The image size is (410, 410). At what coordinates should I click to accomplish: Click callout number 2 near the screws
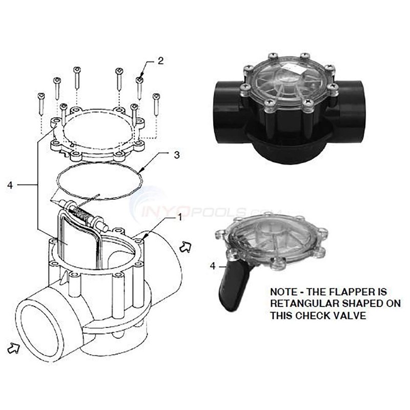click(160, 60)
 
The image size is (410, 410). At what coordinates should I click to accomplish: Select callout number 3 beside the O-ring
click(177, 155)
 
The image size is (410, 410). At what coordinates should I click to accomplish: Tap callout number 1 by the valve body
click(180, 217)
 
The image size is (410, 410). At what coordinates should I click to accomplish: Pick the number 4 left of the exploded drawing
click(10, 186)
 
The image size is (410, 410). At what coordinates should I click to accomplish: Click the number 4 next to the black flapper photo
click(213, 266)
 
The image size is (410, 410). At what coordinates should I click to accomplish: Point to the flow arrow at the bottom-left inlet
click(14, 348)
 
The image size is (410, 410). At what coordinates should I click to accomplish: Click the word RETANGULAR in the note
click(304, 303)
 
